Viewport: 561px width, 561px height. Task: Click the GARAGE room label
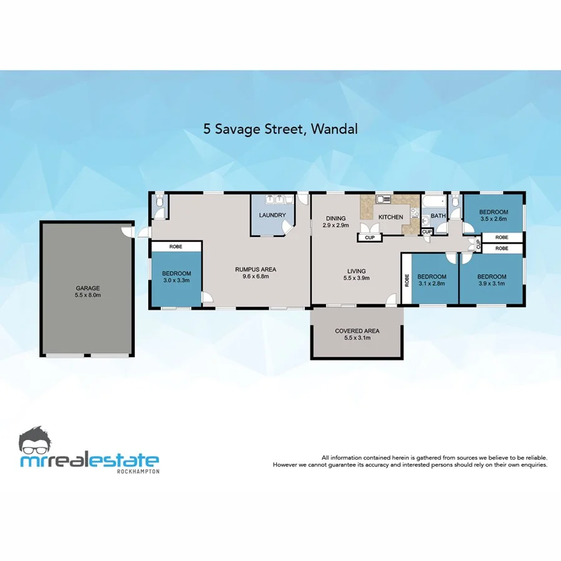click(x=88, y=288)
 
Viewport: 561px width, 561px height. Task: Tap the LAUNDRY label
click(x=272, y=216)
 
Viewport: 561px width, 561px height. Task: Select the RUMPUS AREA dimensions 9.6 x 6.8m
click(x=256, y=277)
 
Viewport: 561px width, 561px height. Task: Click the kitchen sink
click(x=383, y=199)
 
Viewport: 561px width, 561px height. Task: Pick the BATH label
click(x=438, y=217)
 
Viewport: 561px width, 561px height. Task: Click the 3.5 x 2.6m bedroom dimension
click(x=493, y=219)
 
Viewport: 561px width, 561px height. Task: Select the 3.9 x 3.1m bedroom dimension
click(x=491, y=284)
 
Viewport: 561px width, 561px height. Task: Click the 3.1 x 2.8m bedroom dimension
click(x=431, y=284)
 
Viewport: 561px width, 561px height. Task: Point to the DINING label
click(x=335, y=218)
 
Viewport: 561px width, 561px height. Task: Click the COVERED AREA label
click(x=357, y=331)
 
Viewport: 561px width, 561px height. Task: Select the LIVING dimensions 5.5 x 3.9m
click(x=357, y=278)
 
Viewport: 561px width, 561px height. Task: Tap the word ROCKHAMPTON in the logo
click(x=138, y=471)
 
